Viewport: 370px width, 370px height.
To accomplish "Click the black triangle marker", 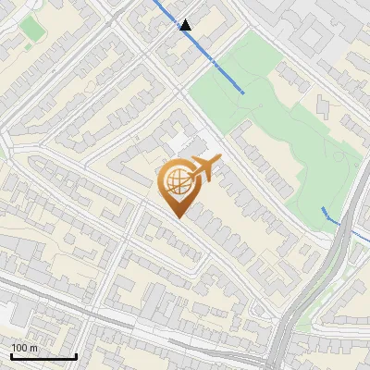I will click(186, 25).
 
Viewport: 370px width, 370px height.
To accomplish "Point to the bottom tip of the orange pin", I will click(177, 217).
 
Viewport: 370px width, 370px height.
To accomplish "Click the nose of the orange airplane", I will click(219, 160).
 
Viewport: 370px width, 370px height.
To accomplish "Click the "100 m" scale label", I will click(25, 348).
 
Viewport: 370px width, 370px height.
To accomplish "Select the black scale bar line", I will click(43, 356).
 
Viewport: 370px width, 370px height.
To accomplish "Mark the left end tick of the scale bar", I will click(11, 354).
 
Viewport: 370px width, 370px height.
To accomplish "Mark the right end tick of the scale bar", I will click(76, 354).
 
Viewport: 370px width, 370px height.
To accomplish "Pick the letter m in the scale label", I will click(34, 348).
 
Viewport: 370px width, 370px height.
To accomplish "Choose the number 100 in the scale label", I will click(19, 348).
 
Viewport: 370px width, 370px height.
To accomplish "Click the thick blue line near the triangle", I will click(199, 48).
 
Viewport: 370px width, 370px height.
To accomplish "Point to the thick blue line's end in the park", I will click(243, 91).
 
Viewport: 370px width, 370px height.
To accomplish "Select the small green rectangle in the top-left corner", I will click(33, 29).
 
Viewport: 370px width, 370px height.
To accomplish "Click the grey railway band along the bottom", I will click(139, 328).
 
